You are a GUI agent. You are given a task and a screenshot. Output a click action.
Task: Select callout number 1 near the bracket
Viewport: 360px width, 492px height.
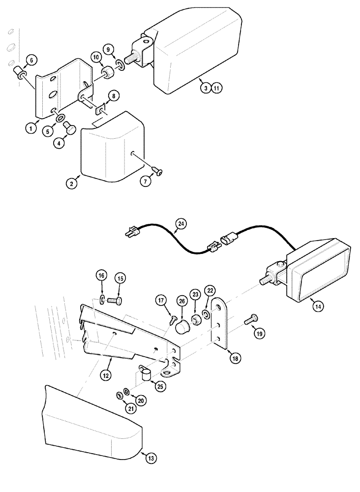30,128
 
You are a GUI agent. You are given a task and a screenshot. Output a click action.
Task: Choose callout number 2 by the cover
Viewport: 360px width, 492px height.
72,184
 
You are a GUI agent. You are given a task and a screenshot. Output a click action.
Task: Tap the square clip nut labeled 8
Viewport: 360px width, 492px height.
102,109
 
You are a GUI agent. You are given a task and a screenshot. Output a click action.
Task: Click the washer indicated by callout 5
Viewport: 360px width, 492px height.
59,119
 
